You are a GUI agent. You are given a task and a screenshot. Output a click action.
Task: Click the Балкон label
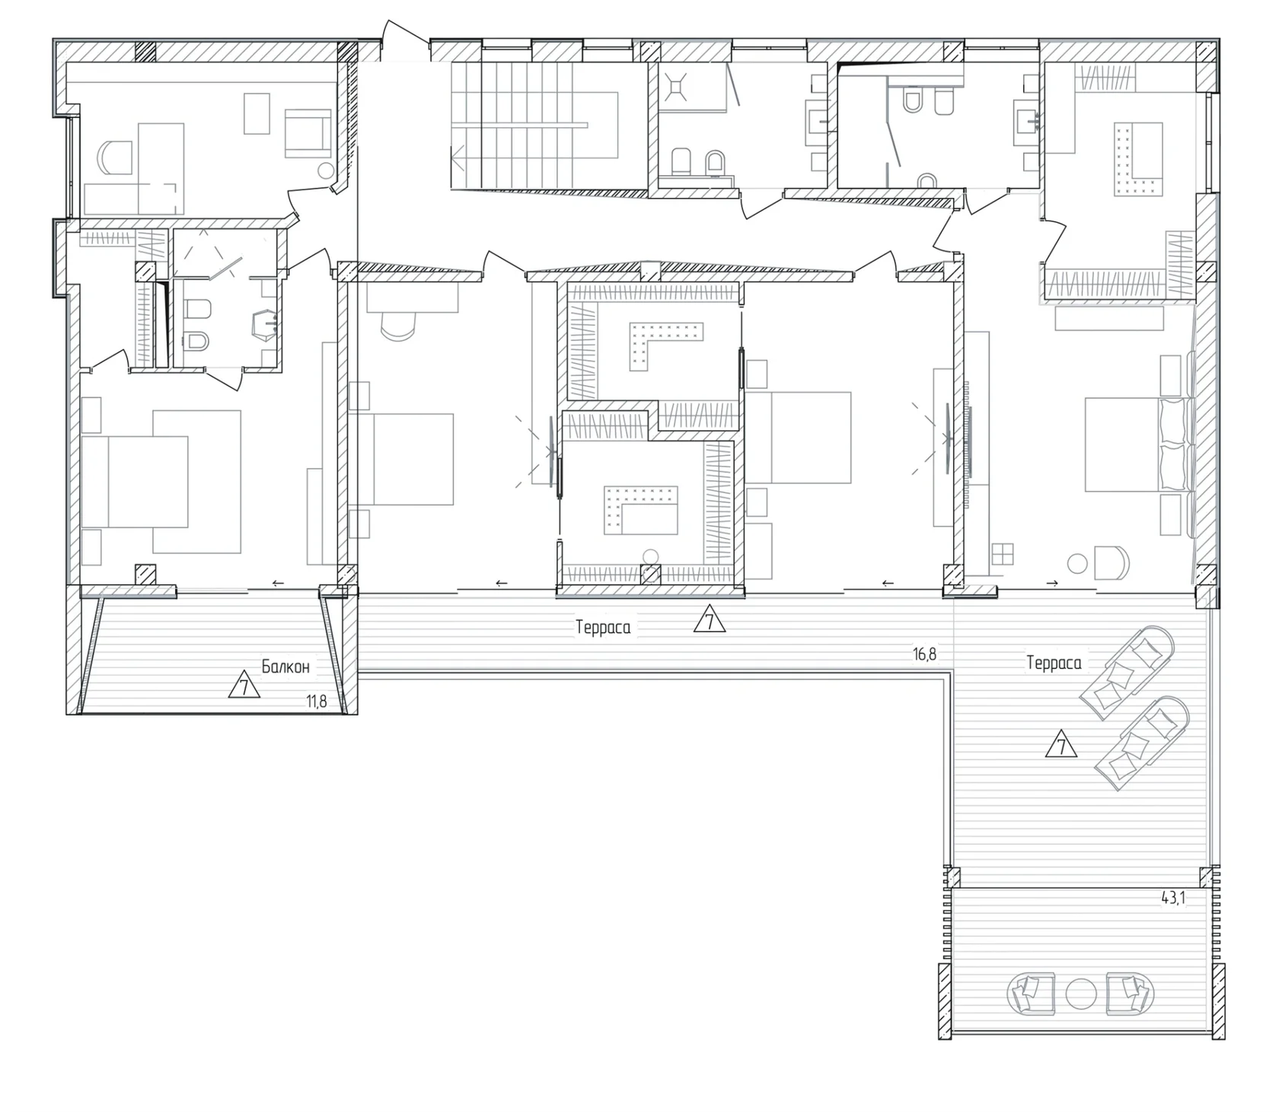coord(285,668)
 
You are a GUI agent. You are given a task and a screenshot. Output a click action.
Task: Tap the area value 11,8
coord(317,702)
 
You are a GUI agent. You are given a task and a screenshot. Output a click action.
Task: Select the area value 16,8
coord(924,654)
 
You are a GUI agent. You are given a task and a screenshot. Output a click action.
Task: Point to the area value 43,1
coord(1173,898)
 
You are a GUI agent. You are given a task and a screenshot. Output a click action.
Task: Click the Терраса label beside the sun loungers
coord(1054,663)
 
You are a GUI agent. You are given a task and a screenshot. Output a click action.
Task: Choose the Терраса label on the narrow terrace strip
coord(603,628)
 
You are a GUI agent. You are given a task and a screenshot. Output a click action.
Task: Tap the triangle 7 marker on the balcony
coord(244,686)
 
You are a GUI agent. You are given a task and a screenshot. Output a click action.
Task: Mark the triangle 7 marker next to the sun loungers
coord(1061,744)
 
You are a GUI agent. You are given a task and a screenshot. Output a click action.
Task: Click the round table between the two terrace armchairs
coord(1080,993)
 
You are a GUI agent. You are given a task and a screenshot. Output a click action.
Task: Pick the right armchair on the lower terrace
coord(1130,993)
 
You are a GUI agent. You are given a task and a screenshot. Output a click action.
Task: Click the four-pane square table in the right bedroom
coord(1003,553)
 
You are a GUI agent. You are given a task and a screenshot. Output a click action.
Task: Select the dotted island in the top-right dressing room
coord(1139,160)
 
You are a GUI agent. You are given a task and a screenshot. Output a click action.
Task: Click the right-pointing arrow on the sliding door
coord(1052,584)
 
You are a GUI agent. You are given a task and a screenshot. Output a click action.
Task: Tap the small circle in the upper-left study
coord(325,170)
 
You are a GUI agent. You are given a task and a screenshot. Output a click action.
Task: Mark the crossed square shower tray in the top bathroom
coord(676,86)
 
